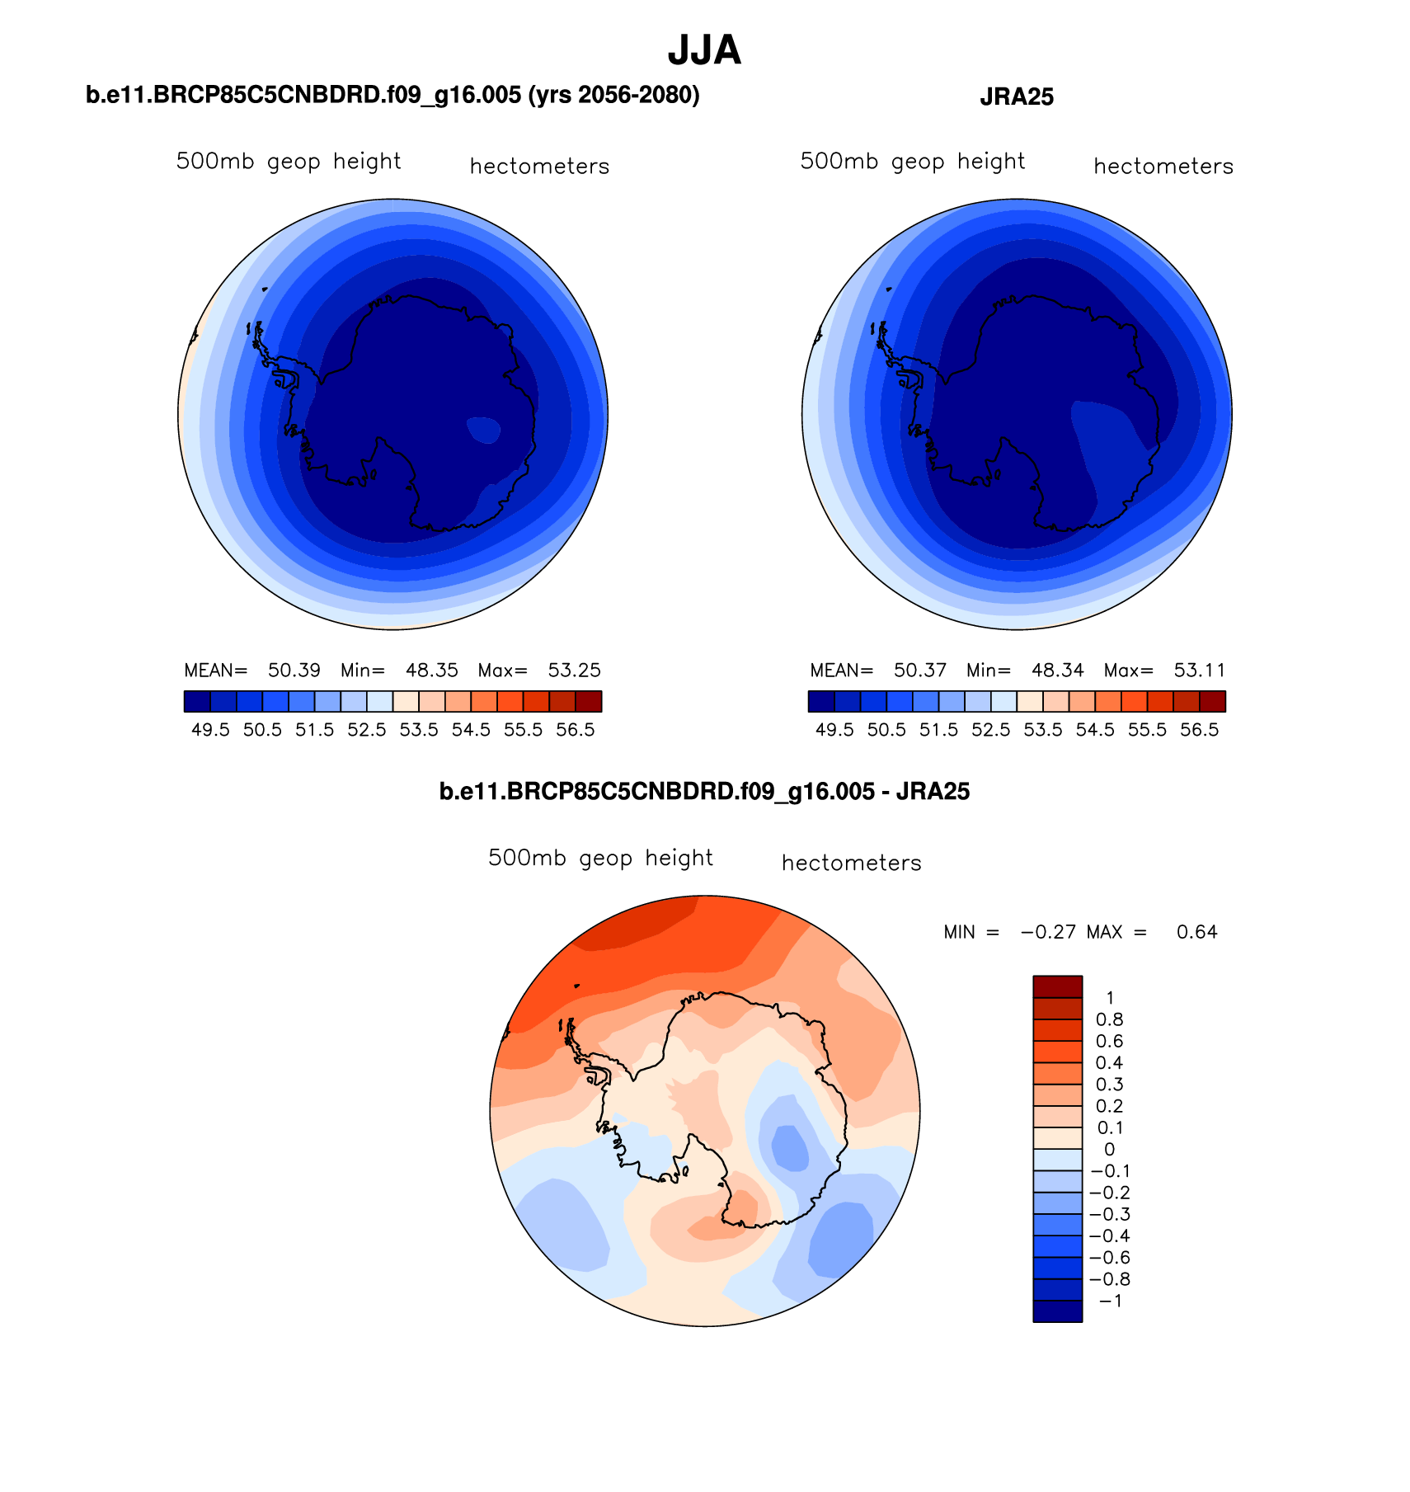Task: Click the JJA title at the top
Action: pos(704,51)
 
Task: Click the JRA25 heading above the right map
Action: pos(1017,97)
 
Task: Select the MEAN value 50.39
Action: pos(294,671)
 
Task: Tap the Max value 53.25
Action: pos(575,671)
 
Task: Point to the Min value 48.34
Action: pos(1058,671)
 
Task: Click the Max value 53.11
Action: pos(1200,671)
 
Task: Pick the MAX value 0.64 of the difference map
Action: pos(1197,933)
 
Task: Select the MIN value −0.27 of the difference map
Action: pos(1048,933)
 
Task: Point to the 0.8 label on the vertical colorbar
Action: pos(1109,1020)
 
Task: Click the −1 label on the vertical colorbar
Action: pos(1110,1301)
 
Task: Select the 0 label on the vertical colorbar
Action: pos(1109,1150)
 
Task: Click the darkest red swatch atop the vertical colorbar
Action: pos(1057,986)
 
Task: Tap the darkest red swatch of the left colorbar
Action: pos(589,701)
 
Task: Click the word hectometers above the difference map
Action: pos(851,864)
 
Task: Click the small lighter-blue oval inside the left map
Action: pos(483,430)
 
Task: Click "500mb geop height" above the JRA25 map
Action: pos(912,162)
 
